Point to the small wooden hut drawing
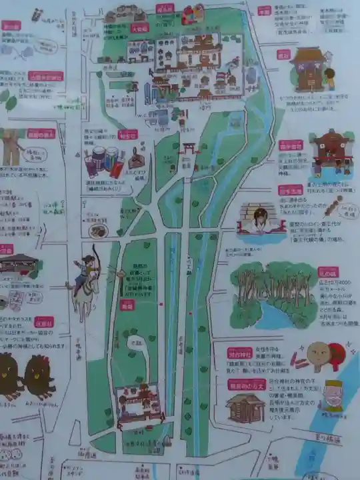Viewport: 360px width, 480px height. click(245, 407)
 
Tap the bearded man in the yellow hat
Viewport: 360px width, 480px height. click(332, 395)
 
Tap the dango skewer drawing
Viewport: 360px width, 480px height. click(331, 205)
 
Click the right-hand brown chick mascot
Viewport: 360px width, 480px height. click(39, 377)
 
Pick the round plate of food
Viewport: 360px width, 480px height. click(99, 231)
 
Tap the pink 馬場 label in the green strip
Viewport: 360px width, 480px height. click(127, 304)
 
